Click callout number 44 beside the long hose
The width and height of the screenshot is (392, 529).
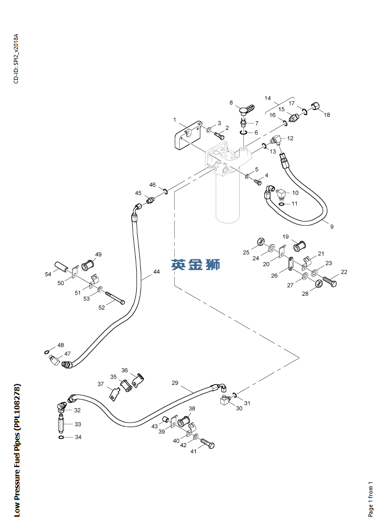coord(156,272)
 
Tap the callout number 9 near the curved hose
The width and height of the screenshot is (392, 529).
coord(332,227)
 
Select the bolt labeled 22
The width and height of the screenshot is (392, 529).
coord(330,281)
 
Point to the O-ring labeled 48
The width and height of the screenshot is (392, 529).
coord(46,352)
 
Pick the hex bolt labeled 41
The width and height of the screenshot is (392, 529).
coord(207,443)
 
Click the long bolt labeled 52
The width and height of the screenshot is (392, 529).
coord(115,298)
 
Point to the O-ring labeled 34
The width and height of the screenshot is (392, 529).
coord(60,437)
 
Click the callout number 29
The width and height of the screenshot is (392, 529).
coord(175,383)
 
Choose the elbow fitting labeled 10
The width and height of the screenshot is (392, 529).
coord(280,194)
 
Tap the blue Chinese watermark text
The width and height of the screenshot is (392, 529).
coord(196,264)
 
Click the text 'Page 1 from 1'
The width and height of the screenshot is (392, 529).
coord(370,499)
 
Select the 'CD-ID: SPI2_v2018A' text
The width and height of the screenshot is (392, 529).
coord(16,59)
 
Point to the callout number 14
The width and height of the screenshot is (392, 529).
coord(267,98)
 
